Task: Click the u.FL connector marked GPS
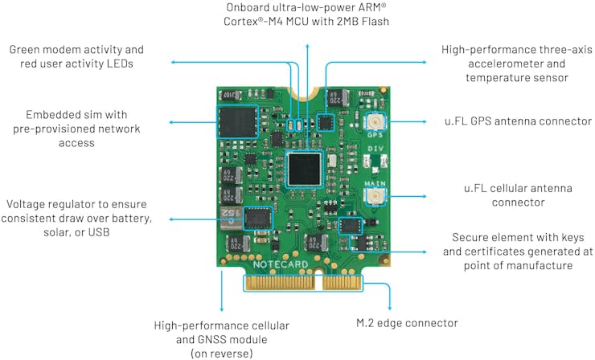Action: [375, 123]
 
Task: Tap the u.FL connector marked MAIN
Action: [375, 198]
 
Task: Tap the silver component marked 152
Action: [227, 215]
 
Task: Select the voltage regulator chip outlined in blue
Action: [258, 218]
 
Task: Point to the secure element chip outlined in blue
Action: [351, 226]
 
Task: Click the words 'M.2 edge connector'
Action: [407, 323]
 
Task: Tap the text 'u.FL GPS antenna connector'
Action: [508, 121]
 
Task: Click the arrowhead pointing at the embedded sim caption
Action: [171, 122]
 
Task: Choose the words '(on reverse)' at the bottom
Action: [221, 354]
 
